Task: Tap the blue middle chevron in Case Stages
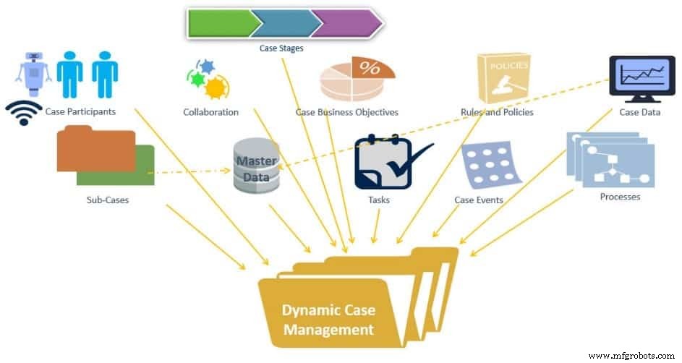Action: pos(284,23)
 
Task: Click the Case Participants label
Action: pos(80,112)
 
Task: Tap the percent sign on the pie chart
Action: pos(370,69)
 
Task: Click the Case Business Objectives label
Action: pos(347,112)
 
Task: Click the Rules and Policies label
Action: pos(497,112)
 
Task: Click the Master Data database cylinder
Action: pos(256,166)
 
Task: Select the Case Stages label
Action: pos(281,48)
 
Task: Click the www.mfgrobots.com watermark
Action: pos(631,356)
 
